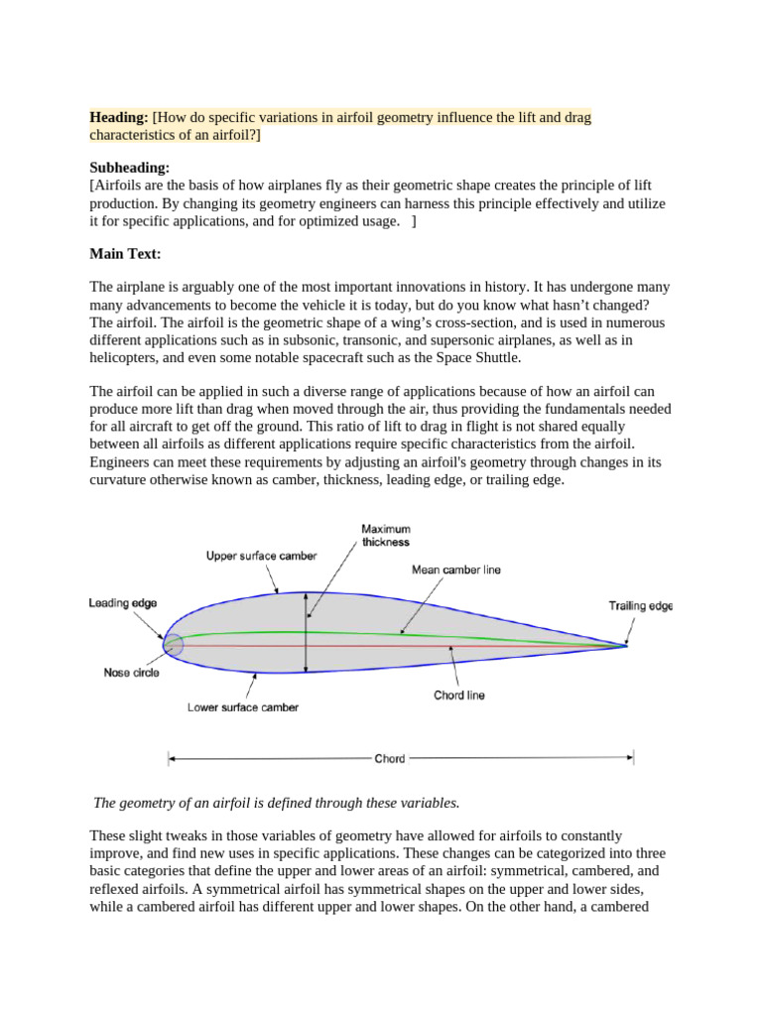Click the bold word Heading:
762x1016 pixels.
point(119,117)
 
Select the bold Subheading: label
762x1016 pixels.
point(130,169)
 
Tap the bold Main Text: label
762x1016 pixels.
point(125,254)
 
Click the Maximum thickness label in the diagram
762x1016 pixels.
point(385,536)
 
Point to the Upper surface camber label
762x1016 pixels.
point(261,556)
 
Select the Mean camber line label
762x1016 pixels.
point(455,571)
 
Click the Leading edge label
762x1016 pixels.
point(122,602)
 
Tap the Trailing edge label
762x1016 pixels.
point(640,606)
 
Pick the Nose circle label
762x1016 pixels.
point(131,672)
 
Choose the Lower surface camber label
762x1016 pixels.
point(243,707)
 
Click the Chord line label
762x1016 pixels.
point(459,696)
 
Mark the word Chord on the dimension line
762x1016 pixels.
point(390,759)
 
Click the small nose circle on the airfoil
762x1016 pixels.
point(173,645)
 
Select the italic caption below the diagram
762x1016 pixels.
point(277,802)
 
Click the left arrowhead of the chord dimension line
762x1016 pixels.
point(171,759)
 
